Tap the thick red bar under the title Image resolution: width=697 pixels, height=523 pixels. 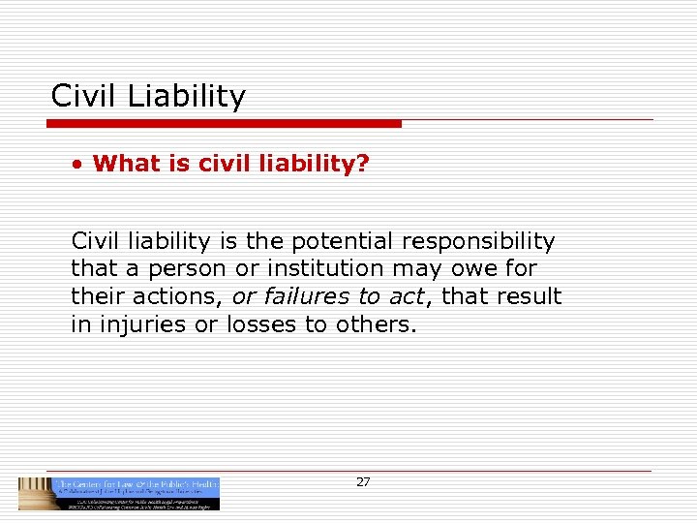(x=224, y=123)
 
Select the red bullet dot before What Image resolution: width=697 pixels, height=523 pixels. (x=76, y=164)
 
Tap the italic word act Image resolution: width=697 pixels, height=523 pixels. (x=406, y=296)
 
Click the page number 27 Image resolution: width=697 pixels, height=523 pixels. (x=363, y=482)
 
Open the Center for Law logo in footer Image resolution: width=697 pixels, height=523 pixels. (x=119, y=493)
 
